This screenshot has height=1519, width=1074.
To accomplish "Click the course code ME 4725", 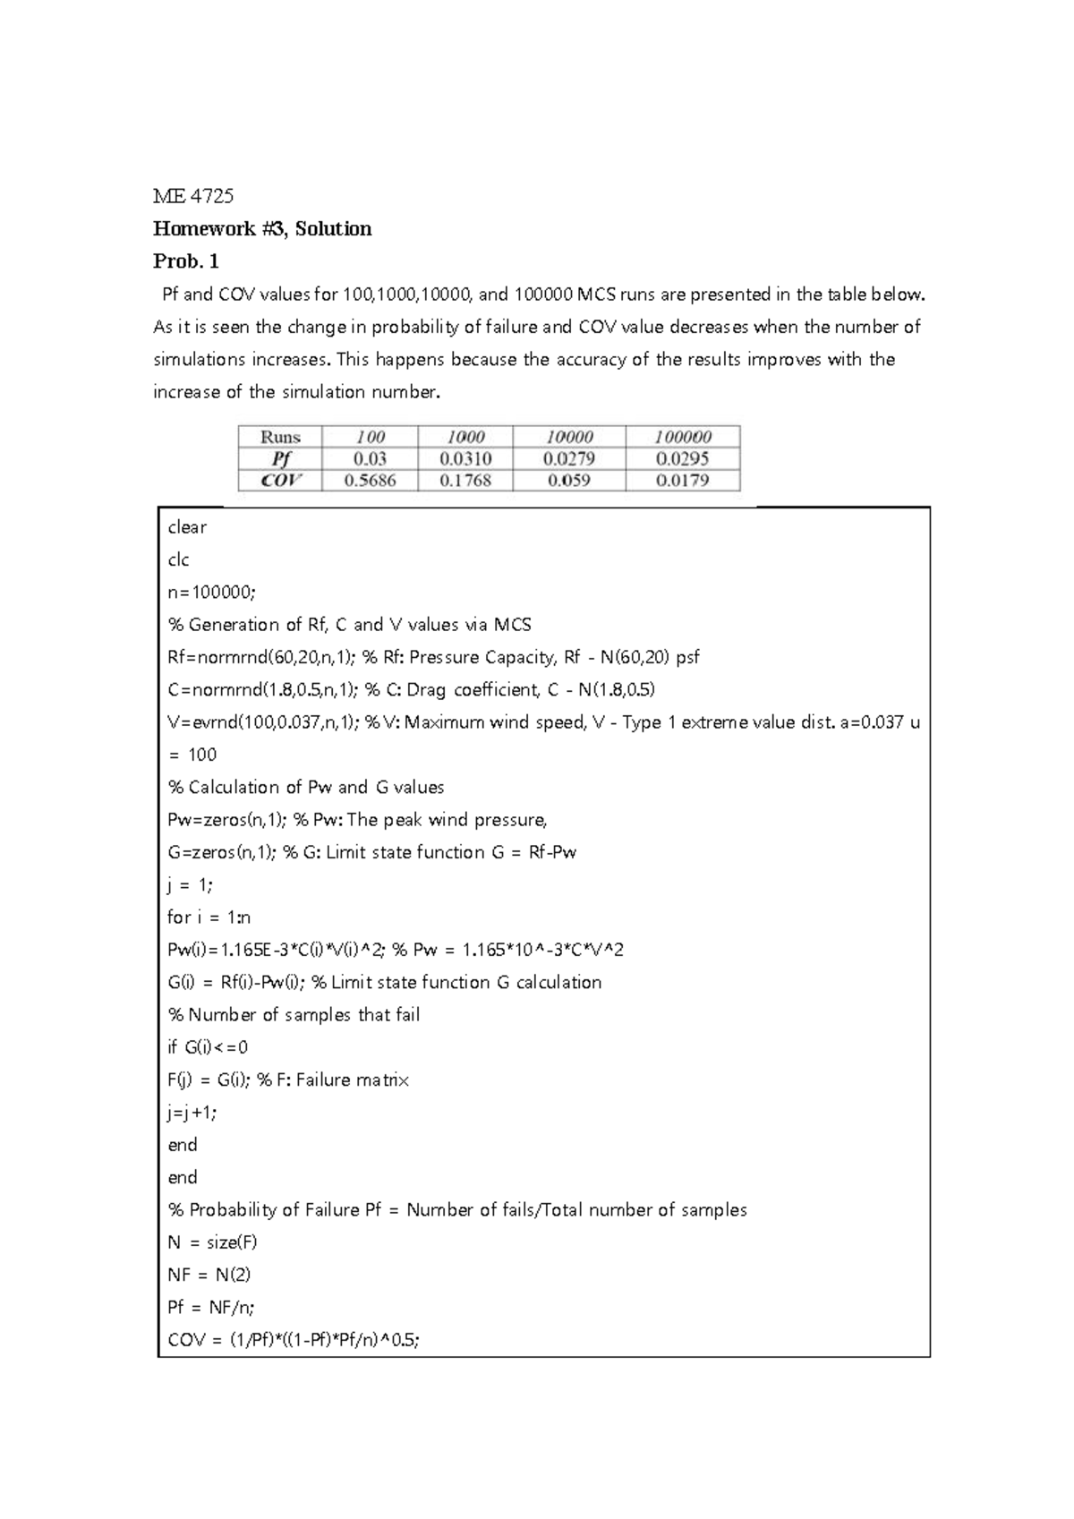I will point(192,196).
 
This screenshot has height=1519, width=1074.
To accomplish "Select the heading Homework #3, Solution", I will point(262,229).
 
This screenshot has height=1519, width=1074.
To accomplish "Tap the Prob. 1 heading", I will point(186,261).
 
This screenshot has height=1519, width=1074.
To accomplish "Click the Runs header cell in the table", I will point(280,437).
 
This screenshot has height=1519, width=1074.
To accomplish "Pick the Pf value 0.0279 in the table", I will point(569,458).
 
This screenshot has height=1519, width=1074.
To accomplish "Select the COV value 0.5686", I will point(370,481).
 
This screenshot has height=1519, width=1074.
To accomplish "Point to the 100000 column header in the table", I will point(683,437).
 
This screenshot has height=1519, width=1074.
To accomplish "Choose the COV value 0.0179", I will point(683,481).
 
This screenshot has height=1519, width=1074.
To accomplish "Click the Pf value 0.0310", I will point(465,458).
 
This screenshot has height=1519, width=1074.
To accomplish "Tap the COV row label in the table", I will point(280,481).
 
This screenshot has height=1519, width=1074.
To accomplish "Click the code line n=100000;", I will point(211,593).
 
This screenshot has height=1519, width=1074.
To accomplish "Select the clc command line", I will point(178,560).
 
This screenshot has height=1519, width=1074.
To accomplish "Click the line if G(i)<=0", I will point(208,1047).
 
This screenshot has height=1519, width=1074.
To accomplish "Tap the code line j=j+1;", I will point(192,1113).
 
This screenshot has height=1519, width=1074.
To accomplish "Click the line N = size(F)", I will point(212,1242).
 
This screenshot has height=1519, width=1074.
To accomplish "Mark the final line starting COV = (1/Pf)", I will point(294,1340).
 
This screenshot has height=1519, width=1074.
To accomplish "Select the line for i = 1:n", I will point(209,917).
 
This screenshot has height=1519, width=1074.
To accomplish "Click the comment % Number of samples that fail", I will point(294,1015).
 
